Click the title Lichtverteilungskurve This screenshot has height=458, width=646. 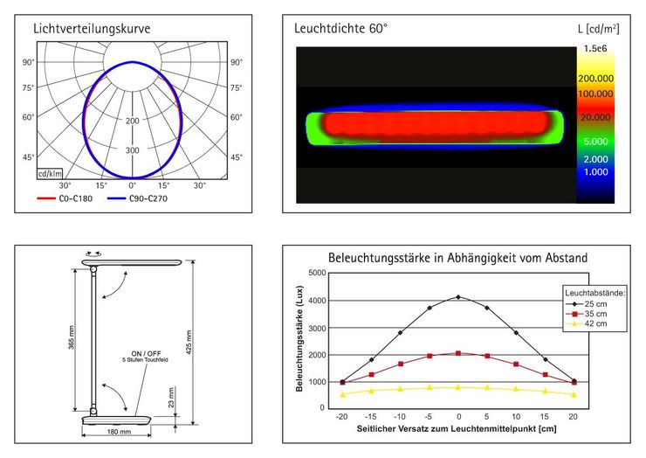(x=92, y=29)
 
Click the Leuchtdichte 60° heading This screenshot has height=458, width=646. (x=341, y=29)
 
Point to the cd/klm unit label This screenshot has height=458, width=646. (x=49, y=174)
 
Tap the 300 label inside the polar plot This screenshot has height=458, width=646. (x=133, y=150)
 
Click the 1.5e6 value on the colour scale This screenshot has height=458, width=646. (x=596, y=49)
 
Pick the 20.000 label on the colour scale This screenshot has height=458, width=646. (x=594, y=117)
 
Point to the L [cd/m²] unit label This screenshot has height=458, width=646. (x=598, y=29)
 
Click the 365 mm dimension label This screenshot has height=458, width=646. (x=72, y=337)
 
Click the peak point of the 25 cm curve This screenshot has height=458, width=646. (x=458, y=297)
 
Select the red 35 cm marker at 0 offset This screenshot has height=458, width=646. (x=458, y=353)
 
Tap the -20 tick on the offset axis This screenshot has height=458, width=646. (x=342, y=418)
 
